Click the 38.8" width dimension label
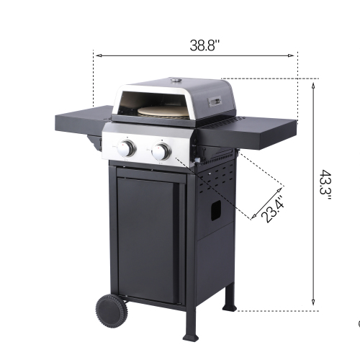pos(204,45)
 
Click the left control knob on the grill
pos(127,149)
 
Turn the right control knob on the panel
pos(161,151)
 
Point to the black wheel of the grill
pos(112,309)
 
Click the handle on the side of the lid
pos(214,101)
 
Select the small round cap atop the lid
pos(176,79)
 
